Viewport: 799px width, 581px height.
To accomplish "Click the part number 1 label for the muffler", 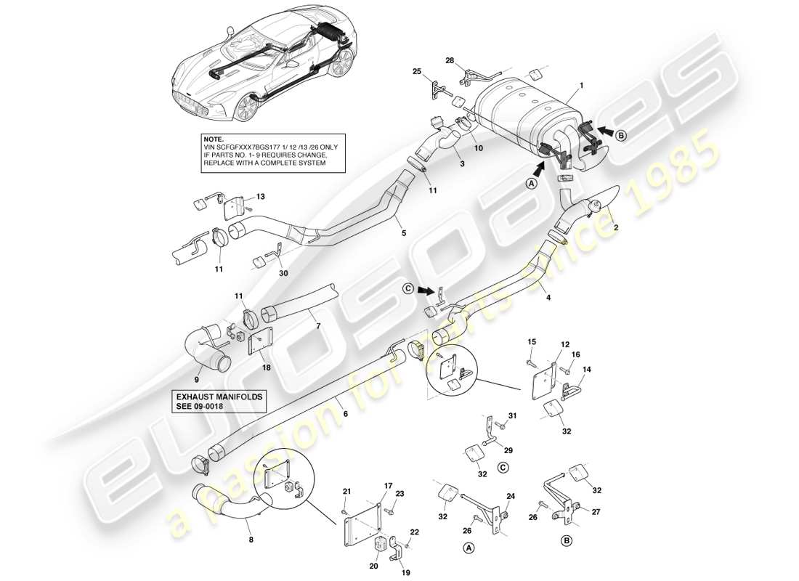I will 581,85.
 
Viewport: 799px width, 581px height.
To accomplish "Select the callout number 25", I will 417,71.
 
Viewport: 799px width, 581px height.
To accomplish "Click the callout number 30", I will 283,274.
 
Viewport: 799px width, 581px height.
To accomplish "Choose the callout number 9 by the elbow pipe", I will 196,378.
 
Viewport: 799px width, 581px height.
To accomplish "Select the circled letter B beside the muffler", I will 621,134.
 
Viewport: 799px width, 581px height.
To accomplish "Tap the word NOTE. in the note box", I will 214,138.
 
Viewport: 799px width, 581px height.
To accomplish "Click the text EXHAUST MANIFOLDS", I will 219,397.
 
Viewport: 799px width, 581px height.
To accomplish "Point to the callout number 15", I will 531,342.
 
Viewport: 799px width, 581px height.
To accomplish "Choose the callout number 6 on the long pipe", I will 345,414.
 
